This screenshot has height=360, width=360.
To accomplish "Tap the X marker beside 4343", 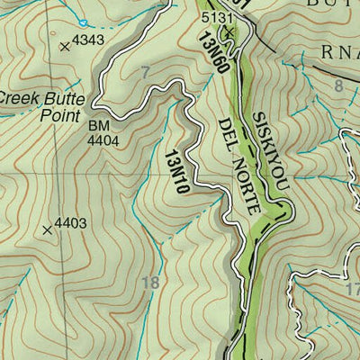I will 63,45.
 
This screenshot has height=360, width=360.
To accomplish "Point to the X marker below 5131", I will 228,33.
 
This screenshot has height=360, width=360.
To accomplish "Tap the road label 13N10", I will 175,172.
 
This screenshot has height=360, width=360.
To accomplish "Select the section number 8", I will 338,86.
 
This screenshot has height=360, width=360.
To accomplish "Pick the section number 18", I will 151,283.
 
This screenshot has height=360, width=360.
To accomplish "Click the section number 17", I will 352,290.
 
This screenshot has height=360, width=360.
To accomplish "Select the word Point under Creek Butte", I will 59,114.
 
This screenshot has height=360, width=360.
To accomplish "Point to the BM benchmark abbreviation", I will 97,126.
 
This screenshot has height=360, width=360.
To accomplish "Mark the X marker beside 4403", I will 46,229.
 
